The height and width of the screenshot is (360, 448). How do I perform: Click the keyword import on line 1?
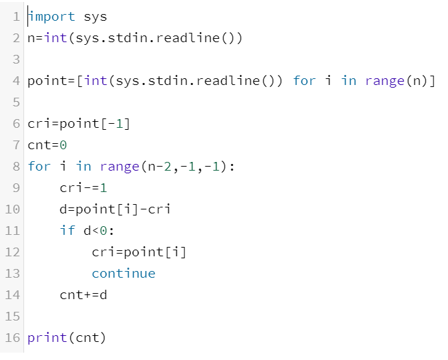[52, 16]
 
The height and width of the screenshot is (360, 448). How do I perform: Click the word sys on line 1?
[95, 16]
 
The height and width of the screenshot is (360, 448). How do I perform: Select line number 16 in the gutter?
[12, 337]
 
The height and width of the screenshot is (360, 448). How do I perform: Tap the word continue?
[123, 273]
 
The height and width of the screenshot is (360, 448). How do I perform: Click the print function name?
[47, 337]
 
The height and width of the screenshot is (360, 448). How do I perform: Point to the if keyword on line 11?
[67, 230]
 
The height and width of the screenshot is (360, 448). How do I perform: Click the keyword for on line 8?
[39, 166]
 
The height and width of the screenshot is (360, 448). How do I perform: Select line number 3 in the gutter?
[16, 59]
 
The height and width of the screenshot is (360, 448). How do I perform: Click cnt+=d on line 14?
[83, 294]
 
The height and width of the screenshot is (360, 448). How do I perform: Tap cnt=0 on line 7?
[48, 145]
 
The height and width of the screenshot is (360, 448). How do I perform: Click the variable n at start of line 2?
[31, 37]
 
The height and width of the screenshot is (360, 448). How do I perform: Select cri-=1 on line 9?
[83, 187]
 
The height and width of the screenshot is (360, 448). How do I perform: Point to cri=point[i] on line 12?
[139, 252]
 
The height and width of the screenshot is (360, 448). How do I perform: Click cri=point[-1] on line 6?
[79, 124]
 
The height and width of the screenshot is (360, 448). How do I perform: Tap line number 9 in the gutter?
[16, 187]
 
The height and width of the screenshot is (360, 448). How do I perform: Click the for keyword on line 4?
[304, 81]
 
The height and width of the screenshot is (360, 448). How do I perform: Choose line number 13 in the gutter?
[12, 273]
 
